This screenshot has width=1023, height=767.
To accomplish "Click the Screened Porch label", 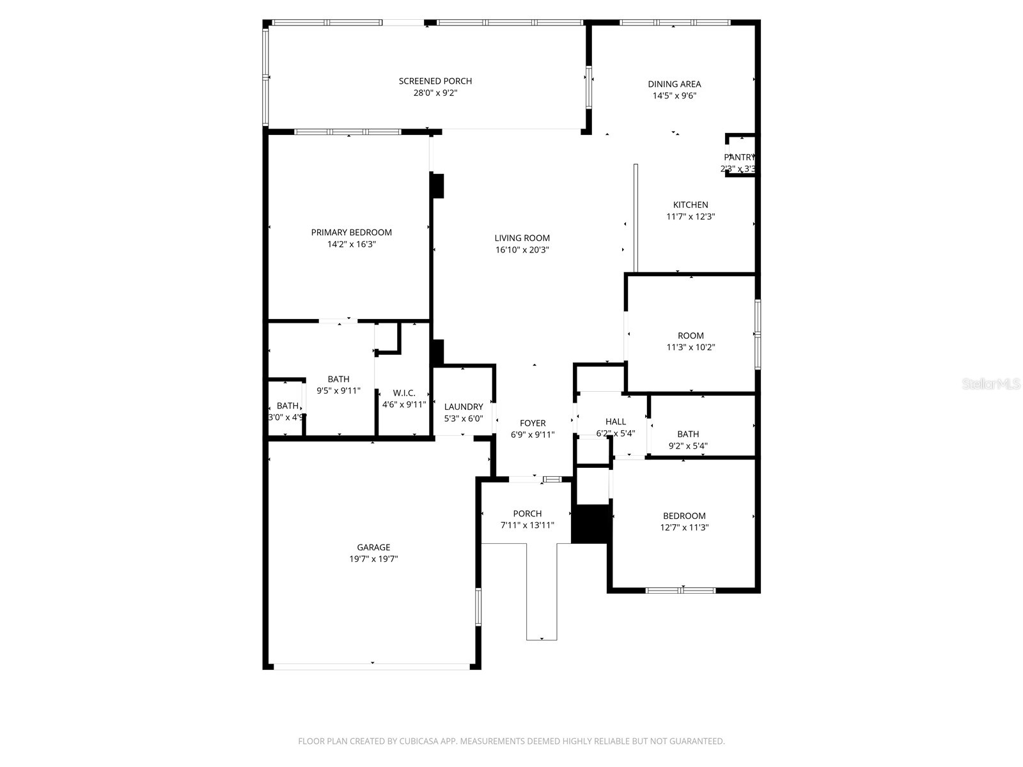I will [x=435, y=81].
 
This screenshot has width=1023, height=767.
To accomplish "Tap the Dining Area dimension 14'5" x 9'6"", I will [x=674, y=96].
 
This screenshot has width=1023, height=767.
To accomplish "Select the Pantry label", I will [x=739, y=157].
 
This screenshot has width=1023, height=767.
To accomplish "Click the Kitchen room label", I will [x=691, y=205].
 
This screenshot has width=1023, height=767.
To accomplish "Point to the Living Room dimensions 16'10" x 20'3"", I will [x=522, y=250].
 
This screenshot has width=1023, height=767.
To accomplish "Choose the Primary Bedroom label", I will [x=352, y=233].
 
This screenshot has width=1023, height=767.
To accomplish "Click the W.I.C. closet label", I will [x=404, y=392].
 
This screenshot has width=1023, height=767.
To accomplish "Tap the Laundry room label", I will [x=464, y=407].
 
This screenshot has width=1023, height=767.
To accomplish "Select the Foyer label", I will [x=533, y=423].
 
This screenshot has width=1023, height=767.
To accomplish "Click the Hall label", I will [x=616, y=422].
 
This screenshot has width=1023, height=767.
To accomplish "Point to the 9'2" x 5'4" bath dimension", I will [x=688, y=446].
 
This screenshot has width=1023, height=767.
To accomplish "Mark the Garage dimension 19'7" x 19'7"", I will [x=373, y=559].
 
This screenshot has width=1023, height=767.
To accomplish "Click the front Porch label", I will [x=527, y=514].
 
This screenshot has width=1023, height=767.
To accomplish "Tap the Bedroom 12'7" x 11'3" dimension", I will [x=684, y=528].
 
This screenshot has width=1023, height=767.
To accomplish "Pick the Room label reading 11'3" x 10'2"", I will [x=691, y=336].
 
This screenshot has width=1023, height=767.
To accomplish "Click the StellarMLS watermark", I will [x=991, y=384].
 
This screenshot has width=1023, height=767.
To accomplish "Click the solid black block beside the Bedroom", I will [x=591, y=524].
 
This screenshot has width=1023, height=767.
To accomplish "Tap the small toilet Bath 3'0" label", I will [x=288, y=406].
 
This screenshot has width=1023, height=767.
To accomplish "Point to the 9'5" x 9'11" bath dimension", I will [x=338, y=391].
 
